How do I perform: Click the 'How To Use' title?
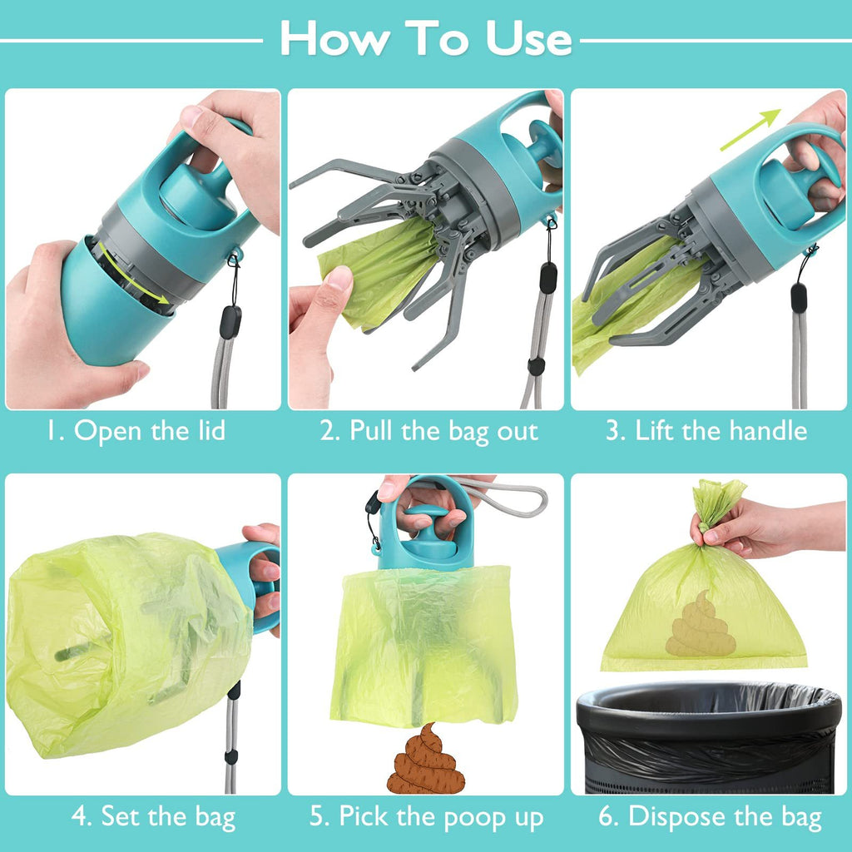tap(425, 37)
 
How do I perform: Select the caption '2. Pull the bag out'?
tap(428, 431)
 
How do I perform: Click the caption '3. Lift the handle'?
tap(706, 431)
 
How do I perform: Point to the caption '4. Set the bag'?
tap(153, 816)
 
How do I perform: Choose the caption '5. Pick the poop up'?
tap(427, 817)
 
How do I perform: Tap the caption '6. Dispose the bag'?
tap(710, 817)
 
